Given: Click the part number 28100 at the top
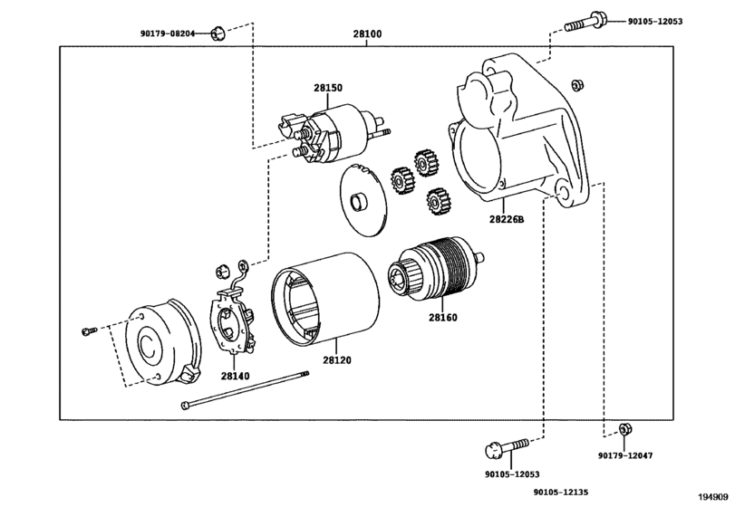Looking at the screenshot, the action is (367, 33).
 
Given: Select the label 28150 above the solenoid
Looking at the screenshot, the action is (328, 88).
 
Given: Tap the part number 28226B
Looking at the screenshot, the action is (507, 219).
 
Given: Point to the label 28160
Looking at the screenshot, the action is (443, 318).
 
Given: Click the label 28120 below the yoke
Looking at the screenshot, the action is (336, 360).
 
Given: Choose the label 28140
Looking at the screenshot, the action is (236, 376).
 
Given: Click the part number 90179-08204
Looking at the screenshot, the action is (168, 33).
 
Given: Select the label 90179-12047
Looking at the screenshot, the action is (624, 455).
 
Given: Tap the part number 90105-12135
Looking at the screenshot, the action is (561, 492).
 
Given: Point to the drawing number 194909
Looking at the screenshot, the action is (714, 496).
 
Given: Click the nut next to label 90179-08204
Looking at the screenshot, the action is (216, 33).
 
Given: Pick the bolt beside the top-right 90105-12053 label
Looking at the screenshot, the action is (585, 22).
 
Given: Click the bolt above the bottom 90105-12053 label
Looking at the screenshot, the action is (507, 448).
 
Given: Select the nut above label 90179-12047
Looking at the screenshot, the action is (624, 429).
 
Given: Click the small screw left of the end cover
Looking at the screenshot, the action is (89, 331).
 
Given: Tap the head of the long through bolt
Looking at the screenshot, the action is (186, 405).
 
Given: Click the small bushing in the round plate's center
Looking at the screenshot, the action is (359, 201).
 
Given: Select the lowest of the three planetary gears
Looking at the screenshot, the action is (437, 201).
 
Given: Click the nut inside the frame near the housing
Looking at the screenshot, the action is (577, 85).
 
